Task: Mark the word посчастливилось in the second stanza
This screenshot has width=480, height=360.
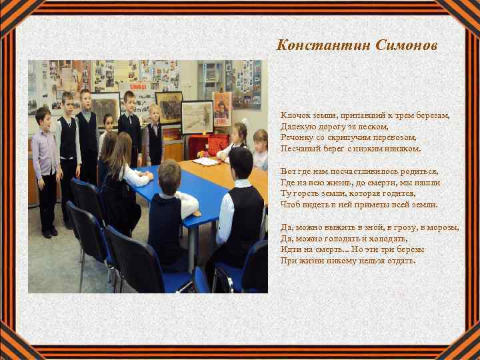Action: [365, 171]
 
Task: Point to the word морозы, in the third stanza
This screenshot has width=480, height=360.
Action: [443, 227]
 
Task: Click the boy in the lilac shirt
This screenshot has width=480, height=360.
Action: [45, 160]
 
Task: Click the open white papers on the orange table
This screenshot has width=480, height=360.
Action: [206, 161]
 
